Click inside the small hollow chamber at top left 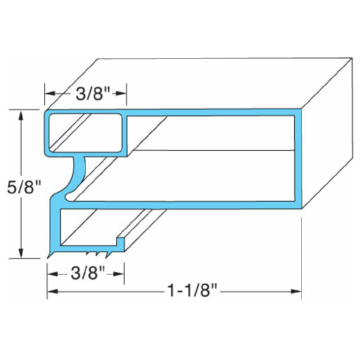pyautogui.click(x=85, y=132)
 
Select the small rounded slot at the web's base pyautogui.click(x=68, y=197)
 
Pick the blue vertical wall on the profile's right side pyautogui.click(x=298, y=158)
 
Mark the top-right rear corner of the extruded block pyautogui.click(x=352, y=58)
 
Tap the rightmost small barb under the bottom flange pyautogui.click(x=107, y=255)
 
